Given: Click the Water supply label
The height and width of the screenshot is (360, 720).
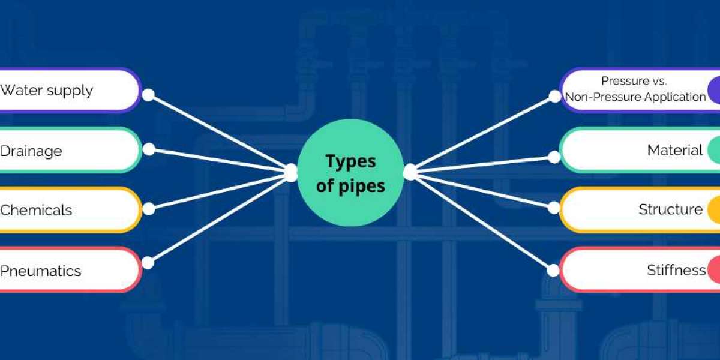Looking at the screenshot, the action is click(47, 91).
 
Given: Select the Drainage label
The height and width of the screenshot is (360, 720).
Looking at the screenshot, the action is click(31, 151).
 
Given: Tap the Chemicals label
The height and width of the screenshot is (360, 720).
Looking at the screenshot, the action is click(36, 210).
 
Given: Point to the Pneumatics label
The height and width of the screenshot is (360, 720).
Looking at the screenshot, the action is click(41, 271).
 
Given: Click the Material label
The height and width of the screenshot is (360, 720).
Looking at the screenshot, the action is click(675, 150).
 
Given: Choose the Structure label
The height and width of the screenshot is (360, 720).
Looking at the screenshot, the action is click(671, 209).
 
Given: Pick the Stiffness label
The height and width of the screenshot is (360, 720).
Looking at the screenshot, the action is click(676, 270).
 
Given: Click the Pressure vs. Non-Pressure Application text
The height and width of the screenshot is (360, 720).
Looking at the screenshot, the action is click(635, 89).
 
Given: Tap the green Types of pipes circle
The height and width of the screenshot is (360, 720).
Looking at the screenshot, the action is click(350, 173).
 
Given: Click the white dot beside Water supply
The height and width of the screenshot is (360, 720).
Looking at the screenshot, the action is click(148, 95).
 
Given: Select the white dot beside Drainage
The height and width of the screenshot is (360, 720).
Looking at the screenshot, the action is click(149, 149).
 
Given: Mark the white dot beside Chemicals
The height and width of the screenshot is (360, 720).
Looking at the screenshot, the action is click(149, 209).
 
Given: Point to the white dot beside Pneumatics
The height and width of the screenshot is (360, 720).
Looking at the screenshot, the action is click(148, 263).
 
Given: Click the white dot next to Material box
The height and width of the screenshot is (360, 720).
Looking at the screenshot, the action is click(554, 157).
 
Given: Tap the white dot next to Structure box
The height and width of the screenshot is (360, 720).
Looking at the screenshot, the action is click(553, 208).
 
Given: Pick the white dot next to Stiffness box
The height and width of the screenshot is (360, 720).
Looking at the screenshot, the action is click(553, 271).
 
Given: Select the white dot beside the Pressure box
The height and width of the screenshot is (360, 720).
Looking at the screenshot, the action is click(554, 97).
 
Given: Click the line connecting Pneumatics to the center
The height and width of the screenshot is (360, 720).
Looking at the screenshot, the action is click(218, 219).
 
